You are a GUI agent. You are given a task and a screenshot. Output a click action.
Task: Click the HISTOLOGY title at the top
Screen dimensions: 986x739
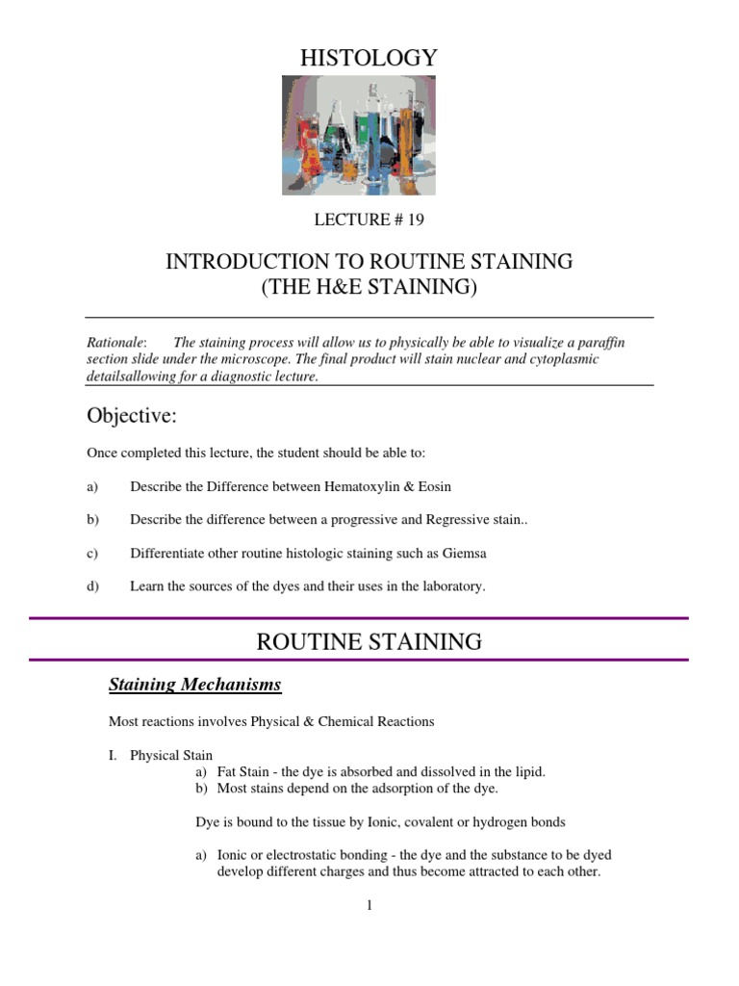[369, 59]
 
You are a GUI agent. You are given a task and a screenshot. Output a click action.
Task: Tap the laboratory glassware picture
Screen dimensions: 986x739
[358, 136]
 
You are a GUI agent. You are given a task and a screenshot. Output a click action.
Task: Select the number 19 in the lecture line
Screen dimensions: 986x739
[415, 220]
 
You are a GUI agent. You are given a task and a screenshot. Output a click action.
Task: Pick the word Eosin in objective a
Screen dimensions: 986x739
[434, 487]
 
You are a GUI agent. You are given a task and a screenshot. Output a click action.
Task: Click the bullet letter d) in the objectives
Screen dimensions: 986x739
[93, 585]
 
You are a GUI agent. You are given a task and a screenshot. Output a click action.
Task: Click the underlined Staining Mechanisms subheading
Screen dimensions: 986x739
[195, 685]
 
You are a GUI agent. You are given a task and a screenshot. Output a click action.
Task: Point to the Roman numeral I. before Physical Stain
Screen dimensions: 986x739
[112, 755]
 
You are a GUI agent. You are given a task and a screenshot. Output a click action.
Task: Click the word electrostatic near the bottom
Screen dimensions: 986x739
[294, 855]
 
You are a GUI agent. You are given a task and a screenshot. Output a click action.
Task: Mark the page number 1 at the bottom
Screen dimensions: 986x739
[369, 905]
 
